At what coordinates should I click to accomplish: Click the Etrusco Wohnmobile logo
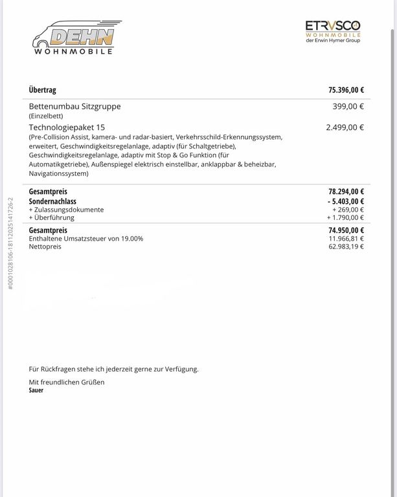point(333,31)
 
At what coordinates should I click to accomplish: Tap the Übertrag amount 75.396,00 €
point(346,91)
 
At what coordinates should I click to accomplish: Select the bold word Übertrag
point(43,91)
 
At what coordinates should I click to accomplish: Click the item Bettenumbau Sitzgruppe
point(74,106)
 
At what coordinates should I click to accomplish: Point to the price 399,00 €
point(348,107)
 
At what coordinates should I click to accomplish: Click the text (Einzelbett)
point(46,116)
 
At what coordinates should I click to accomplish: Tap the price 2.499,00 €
point(345,127)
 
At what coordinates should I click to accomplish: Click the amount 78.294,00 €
point(346,192)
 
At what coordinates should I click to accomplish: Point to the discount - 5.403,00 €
point(345,201)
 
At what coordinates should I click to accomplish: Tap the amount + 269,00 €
point(348,210)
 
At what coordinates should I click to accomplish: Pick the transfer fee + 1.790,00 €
point(346,217)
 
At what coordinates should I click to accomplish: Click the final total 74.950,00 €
point(346,230)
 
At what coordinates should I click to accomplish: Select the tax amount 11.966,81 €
point(346,239)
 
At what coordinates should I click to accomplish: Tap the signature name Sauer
point(36,391)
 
